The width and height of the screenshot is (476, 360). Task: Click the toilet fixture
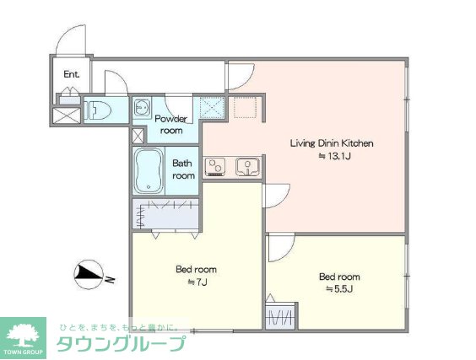97,110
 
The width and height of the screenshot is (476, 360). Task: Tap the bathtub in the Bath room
149,171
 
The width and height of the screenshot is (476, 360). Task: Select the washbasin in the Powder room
142,108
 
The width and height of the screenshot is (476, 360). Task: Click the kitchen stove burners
215,166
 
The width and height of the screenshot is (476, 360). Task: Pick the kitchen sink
248,166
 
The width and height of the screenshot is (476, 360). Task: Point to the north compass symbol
88,275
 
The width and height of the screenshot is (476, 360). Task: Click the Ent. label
72,74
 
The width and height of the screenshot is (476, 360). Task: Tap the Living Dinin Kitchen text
332,143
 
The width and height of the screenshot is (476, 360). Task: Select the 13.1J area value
334,156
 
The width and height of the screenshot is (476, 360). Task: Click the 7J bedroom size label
197,282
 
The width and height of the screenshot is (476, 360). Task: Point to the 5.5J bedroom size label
339,289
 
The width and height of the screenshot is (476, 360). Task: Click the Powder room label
171,125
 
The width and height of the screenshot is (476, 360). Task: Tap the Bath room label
183,169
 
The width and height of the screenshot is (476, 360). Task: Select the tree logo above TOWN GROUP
23,335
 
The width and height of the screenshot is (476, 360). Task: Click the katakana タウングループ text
121,344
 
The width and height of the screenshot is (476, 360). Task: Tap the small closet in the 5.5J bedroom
280,316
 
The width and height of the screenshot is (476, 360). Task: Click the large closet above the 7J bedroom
165,214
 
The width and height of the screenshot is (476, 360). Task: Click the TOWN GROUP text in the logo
24,352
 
